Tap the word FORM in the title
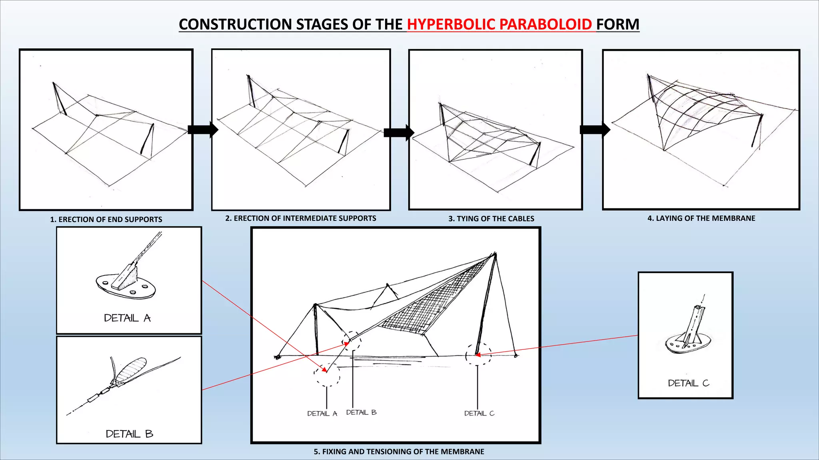click(618, 24)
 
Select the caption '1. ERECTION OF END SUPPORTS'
click(106, 219)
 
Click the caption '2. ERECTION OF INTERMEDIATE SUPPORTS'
click(301, 218)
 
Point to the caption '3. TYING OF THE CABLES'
click(491, 219)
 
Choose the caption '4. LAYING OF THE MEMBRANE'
click(701, 218)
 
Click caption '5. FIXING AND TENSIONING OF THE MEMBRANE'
click(399, 452)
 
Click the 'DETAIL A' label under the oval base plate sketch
click(127, 318)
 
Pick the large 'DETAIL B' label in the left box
click(129, 434)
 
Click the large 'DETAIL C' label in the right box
click(688, 383)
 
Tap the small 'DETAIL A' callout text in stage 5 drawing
click(322, 414)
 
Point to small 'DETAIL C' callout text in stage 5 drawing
click(479, 413)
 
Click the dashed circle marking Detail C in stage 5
click(478, 354)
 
